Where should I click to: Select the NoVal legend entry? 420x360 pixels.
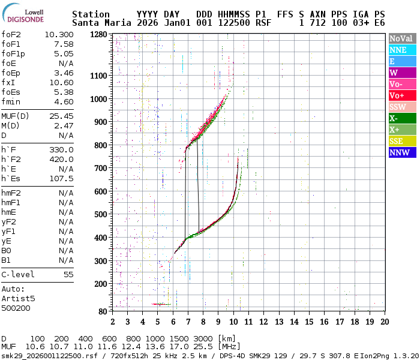[x=401, y=38]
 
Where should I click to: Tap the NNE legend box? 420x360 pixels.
[x=401, y=50]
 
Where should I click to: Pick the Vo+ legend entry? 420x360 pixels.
[x=401, y=95]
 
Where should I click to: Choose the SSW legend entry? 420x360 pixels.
[x=401, y=107]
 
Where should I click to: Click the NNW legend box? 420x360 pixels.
[x=401, y=152]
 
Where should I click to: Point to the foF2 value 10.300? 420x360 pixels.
[x=59, y=35]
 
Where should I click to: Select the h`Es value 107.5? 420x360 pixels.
[x=61, y=178]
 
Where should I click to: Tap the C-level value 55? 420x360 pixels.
[x=68, y=274]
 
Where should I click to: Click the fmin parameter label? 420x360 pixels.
[x=12, y=102]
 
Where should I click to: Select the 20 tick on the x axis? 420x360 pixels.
[x=384, y=322]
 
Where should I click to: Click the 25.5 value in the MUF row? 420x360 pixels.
[x=196, y=347]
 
